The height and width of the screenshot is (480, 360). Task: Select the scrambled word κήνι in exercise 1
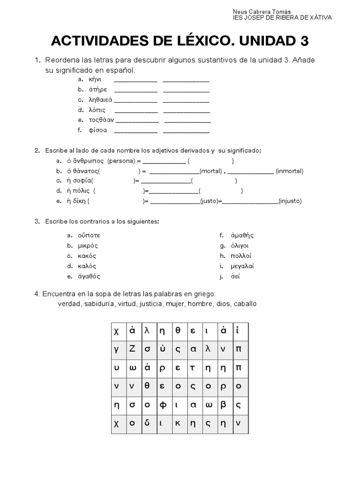point(95,79)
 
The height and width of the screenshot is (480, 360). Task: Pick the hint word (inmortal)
point(289,171)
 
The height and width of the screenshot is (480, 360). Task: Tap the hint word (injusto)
point(290,201)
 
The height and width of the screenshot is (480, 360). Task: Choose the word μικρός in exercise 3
point(88,246)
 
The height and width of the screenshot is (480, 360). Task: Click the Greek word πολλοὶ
point(241,256)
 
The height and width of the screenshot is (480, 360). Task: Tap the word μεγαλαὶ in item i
point(242,266)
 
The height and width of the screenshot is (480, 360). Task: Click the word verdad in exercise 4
point(68,304)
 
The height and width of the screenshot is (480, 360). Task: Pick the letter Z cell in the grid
point(132,348)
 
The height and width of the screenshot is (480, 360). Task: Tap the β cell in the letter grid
point(223,404)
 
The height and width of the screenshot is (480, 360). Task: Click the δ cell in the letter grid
point(147,422)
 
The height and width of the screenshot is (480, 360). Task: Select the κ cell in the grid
point(178,422)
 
